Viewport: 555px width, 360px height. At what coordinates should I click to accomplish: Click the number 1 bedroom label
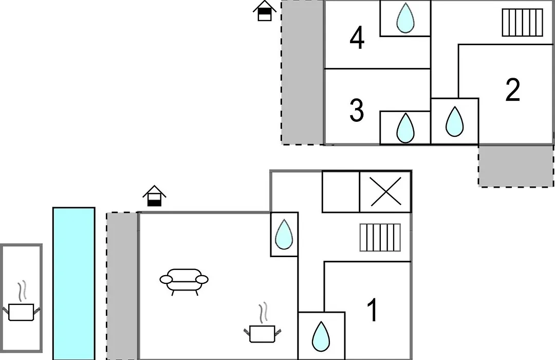click(x=372, y=310)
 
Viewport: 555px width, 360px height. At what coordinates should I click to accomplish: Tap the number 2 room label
click(x=513, y=89)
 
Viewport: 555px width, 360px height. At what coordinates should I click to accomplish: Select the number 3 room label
click(x=357, y=110)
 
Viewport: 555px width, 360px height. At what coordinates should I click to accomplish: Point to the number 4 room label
click(x=357, y=38)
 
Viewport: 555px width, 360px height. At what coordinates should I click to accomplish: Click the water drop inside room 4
click(x=405, y=18)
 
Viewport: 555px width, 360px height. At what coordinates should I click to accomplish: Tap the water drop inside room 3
click(x=405, y=128)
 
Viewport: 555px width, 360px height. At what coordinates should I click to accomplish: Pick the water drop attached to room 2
click(x=454, y=121)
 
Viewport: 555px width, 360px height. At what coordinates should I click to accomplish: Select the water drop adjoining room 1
click(x=321, y=337)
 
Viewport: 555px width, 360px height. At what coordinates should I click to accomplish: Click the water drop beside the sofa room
click(x=284, y=234)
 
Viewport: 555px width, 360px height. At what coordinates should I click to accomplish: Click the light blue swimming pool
click(x=74, y=283)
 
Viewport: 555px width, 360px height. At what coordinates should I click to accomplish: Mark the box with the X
click(x=385, y=192)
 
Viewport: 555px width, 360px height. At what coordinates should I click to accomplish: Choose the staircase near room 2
click(x=523, y=23)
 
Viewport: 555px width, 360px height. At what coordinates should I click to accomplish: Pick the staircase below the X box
click(x=380, y=238)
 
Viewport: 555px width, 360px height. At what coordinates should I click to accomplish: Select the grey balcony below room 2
click(x=516, y=166)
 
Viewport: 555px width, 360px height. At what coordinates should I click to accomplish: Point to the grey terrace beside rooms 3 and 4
click(x=303, y=73)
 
